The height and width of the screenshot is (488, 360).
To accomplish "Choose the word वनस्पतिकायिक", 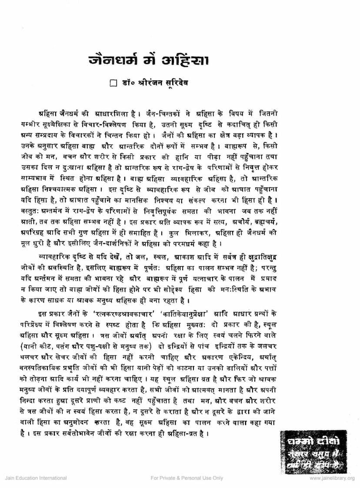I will (x=41, y=358).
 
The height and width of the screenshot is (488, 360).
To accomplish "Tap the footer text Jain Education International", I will (x=29, y=478).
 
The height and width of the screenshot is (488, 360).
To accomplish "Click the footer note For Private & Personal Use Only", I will (x=187, y=478).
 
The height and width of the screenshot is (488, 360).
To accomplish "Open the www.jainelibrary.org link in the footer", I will (x=332, y=478).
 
